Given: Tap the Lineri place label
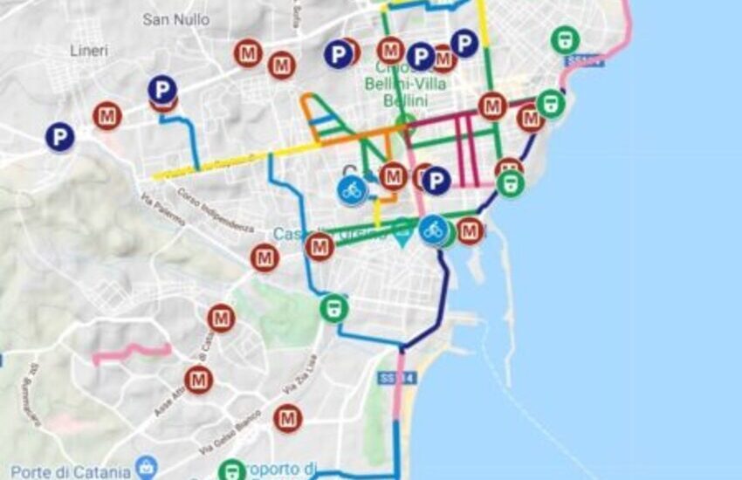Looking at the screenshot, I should [x=89, y=51].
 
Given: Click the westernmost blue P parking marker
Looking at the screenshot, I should [x=60, y=137].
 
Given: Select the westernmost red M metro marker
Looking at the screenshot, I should [x=107, y=115].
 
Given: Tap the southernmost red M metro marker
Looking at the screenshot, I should [x=287, y=419].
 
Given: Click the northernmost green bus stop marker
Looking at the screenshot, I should [x=566, y=39].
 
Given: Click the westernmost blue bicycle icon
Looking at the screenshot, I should [x=352, y=189].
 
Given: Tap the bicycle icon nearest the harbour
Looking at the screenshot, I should [x=434, y=230].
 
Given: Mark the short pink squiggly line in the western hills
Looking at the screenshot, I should [x=131, y=352].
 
